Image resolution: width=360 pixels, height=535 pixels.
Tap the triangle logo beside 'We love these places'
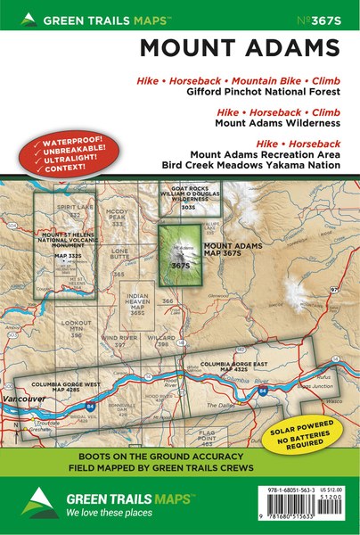point(35,502)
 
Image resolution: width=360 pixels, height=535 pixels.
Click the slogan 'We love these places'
point(107,514)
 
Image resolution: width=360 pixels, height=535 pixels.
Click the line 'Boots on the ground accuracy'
point(178,454)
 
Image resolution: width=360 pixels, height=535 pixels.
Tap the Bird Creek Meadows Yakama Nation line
point(254,165)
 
